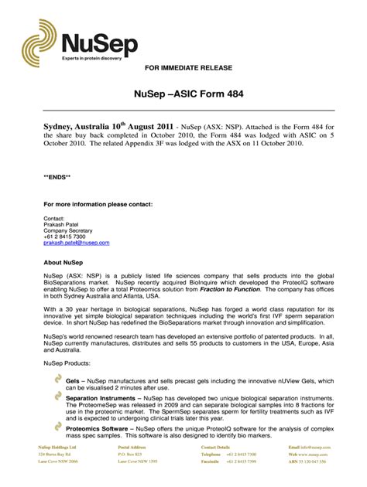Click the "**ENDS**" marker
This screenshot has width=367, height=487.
point(57,177)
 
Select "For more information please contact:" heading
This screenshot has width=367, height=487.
point(98,204)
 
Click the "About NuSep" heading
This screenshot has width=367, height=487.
point(63,263)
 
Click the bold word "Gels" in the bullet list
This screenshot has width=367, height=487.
point(74,381)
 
